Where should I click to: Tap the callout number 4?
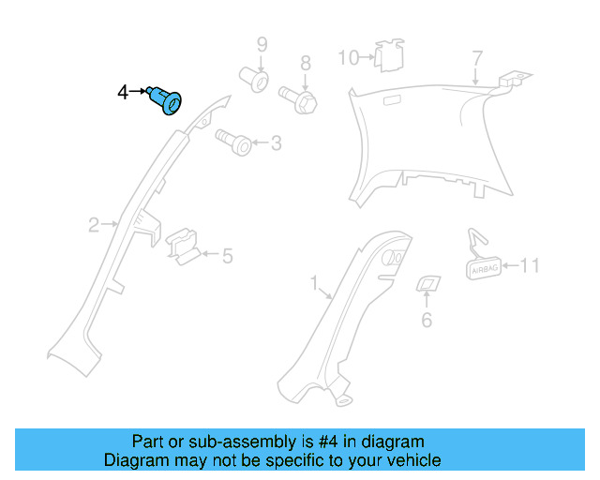coord(122,92)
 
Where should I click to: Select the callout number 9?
coord(262,44)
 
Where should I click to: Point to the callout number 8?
coord(305,64)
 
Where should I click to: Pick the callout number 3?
coord(275,143)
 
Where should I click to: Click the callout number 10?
coord(348,58)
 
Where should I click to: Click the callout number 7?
coord(477,60)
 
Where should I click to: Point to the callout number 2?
coord(94,224)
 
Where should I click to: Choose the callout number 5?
coord(227,254)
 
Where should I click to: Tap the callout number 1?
coord(315,281)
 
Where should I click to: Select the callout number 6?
coord(427,321)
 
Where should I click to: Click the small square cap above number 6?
coord(427,284)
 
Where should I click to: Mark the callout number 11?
coord(530,265)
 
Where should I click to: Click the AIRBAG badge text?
coord(485,267)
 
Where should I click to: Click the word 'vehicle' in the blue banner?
coord(407,460)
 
